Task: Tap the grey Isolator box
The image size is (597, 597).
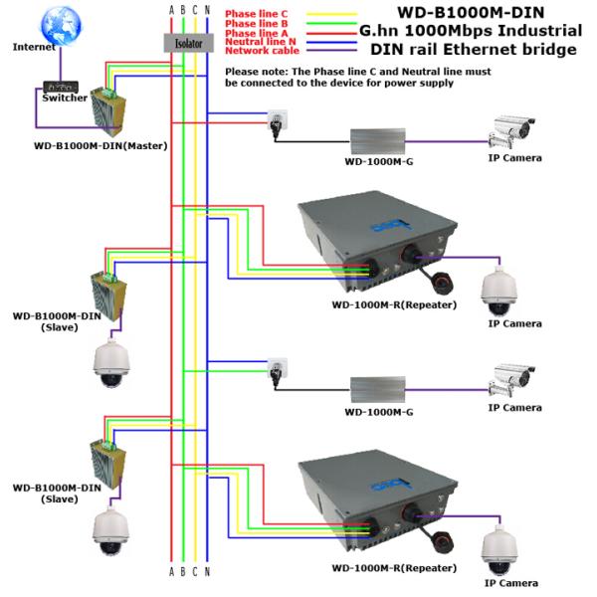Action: point(183,45)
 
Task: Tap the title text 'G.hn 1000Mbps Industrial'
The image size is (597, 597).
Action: point(471,31)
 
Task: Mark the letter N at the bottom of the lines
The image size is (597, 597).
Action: point(207,572)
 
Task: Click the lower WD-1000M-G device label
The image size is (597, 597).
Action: point(378,411)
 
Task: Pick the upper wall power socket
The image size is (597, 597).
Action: point(274,119)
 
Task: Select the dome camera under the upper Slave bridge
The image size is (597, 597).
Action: point(108,366)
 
